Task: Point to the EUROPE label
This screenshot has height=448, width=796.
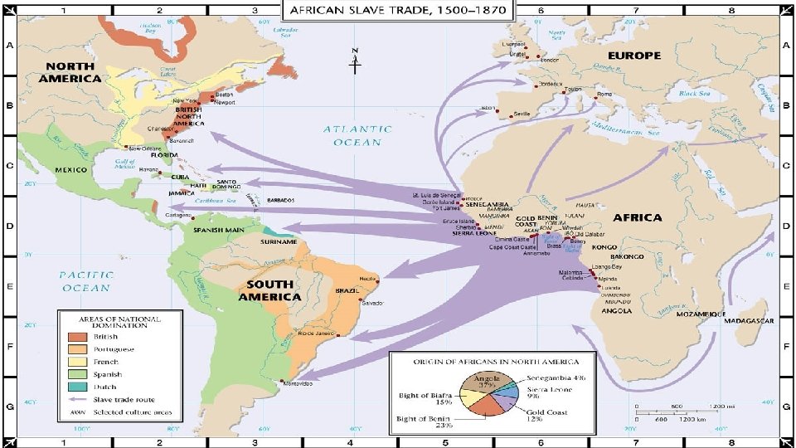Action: tap(636, 55)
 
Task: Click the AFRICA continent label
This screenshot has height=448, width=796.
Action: tap(637, 217)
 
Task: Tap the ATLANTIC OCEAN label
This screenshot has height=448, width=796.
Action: tap(357, 135)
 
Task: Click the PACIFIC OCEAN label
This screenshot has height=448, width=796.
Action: tap(85, 280)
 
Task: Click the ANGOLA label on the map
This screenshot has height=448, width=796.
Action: tap(615, 311)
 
